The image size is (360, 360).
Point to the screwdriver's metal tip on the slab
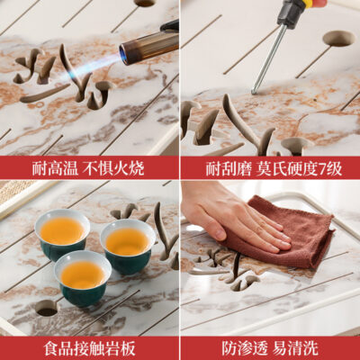255,89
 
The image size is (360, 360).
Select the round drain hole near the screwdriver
339,39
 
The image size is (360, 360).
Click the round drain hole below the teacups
48,308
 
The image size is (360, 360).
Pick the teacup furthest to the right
128,246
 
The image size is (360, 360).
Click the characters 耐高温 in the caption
55,168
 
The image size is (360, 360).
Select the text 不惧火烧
113,168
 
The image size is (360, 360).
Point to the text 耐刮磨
229,169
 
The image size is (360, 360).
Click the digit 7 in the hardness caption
322,170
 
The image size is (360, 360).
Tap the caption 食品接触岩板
89,347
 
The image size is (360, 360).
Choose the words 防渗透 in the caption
245,348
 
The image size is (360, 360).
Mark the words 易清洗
295,348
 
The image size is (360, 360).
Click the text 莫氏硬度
287,169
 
